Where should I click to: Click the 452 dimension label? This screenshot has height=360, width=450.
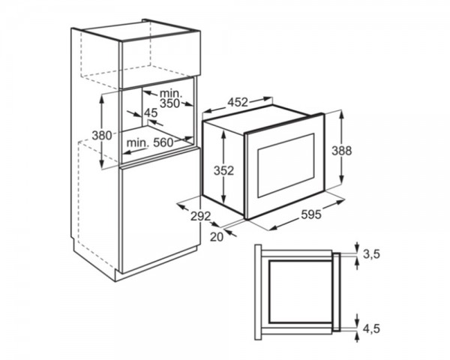click(238, 102)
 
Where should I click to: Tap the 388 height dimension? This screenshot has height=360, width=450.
click(341, 151)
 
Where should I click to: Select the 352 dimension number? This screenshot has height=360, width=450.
click(223, 171)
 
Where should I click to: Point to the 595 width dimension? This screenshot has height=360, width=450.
click(311, 214)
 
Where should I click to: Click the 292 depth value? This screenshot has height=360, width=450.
click(200, 216)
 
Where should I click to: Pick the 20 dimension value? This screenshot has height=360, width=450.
click(217, 237)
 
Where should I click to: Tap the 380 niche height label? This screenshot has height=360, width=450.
click(102, 135)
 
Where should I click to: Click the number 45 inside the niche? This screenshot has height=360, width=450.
click(151, 112)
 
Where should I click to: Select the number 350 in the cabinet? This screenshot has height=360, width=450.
click(169, 103)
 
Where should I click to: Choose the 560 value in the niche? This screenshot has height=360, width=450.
click(163, 142)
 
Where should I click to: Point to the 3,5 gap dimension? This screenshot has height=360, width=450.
click(372, 254)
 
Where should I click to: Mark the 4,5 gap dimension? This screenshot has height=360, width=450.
click(372, 328)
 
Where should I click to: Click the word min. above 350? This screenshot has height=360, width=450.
click(171, 93)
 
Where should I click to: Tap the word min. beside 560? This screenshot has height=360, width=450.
click(138, 142)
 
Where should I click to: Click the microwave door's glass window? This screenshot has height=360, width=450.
click(286, 165)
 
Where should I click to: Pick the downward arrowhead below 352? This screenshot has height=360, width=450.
click(223, 199)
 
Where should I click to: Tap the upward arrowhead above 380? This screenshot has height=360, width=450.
click(101, 99)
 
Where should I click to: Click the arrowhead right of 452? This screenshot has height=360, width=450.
click(268, 99)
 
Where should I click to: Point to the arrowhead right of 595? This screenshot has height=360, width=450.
click(340, 202)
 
